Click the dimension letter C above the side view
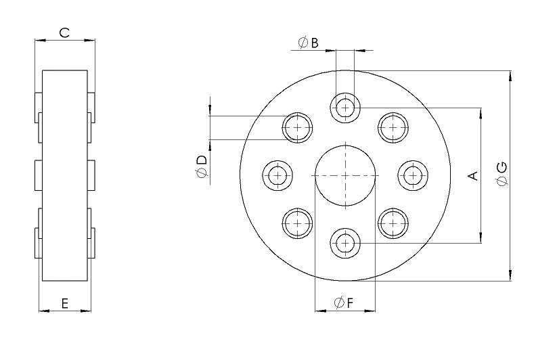coord(64,32)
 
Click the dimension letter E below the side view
coord(65,304)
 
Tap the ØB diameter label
coord(309,43)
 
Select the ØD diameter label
coord(201,166)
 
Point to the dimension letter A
coord(474,175)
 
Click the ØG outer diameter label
coord(502,174)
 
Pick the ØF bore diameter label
coord(344,303)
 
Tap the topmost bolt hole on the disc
coord(345,107)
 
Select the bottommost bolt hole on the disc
coord(345,244)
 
